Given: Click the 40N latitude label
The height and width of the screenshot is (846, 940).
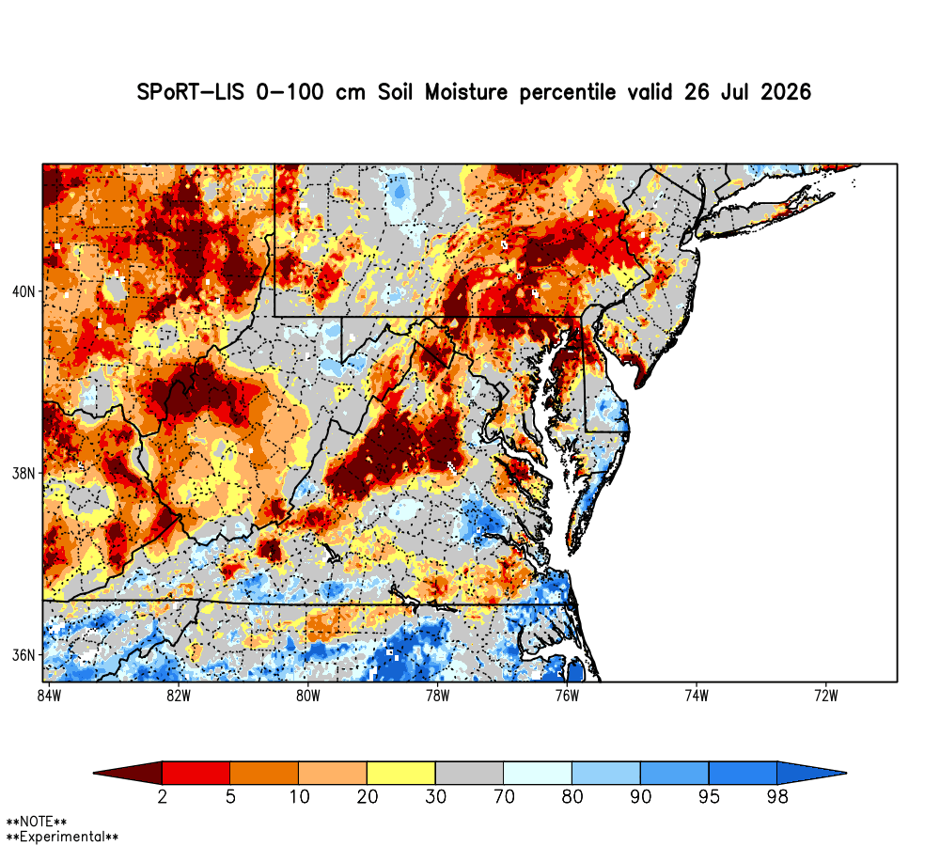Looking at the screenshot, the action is pos(23,292).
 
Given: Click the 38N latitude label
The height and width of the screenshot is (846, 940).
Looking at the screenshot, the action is pos(23,474).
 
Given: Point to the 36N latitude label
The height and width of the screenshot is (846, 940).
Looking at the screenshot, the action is pos(23,655).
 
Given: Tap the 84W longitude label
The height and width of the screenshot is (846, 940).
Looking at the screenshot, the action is pos(49,696).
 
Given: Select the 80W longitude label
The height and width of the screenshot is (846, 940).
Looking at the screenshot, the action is pos(308,696).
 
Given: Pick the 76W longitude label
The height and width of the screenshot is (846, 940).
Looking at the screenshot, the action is pos(567,696).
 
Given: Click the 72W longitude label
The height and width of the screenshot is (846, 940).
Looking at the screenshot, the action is pos(826,696).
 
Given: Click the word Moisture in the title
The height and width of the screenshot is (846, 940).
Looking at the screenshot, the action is pos(466,92).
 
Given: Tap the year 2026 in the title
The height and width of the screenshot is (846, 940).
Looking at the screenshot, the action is pos(786,92).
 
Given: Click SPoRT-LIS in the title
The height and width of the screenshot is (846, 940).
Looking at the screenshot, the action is pos(190,92).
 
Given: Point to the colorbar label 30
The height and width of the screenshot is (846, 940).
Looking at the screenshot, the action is pos(436,796).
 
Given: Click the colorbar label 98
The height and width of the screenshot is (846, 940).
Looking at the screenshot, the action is pos(777,796).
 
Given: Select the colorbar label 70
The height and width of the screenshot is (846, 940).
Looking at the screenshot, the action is pos(504,796).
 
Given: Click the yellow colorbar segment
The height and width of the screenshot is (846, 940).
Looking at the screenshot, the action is pos(401,773).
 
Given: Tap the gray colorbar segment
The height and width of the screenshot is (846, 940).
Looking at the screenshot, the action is pos(469,773).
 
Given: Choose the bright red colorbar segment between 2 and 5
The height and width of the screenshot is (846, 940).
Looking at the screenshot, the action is pos(196,773).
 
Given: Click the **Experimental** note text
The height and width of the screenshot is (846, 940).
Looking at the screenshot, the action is pos(62,837).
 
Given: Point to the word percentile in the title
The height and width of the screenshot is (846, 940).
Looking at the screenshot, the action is pos(568,92).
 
